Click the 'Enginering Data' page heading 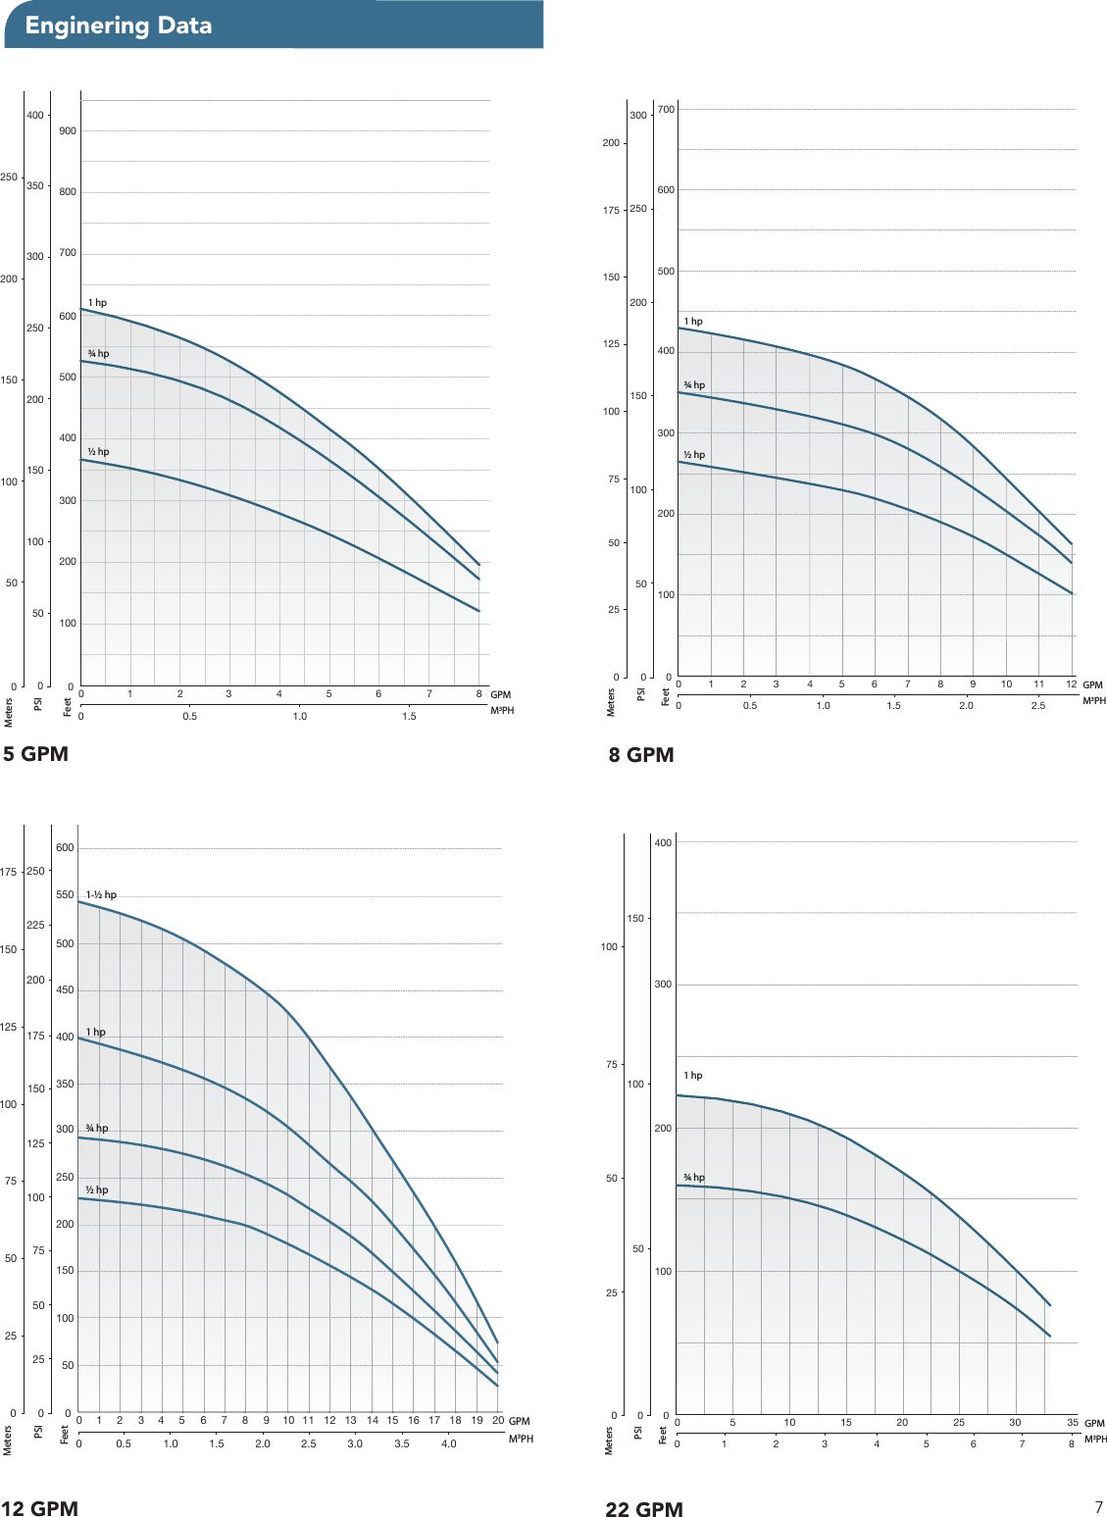[119, 25]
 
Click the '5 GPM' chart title [35, 753]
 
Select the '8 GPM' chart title [641, 754]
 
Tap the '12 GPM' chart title [39, 1507]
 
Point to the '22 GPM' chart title [644, 1508]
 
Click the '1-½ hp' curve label [101, 894]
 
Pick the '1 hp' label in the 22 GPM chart [692, 1075]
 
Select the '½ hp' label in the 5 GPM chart [98, 452]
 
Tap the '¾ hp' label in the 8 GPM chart [694, 385]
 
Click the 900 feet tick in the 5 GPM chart [68, 130]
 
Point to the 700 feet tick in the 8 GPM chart [666, 109]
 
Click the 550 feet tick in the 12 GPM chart [65, 894]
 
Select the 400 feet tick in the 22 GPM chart [663, 842]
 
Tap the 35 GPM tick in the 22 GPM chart [1073, 1422]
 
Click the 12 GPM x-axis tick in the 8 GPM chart [1072, 683]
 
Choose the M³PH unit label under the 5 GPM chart [502, 711]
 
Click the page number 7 [1099, 1506]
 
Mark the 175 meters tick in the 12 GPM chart [9, 871]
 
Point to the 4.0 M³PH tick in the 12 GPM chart [448, 1443]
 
